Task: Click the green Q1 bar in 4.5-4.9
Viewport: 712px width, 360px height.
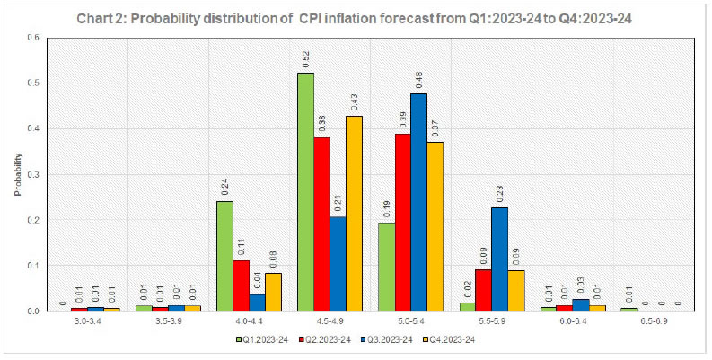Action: coord(306,192)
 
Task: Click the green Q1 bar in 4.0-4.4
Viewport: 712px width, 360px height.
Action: coord(224,256)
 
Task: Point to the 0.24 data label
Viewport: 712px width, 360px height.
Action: coord(224,185)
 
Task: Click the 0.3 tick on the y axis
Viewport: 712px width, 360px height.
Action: coord(33,174)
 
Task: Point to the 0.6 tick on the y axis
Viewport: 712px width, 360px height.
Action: coord(33,38)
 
